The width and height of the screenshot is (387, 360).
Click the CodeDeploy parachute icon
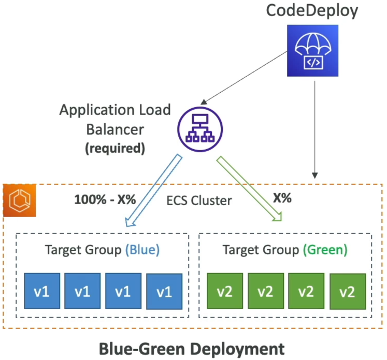(312, 51)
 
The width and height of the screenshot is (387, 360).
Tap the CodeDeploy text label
(312, 11)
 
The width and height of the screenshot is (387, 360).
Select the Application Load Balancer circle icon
(200, 129)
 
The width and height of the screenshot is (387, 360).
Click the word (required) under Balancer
(115, 148)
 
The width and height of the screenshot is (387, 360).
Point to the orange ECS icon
(20, 200)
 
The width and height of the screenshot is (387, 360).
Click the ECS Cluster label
(199, 200)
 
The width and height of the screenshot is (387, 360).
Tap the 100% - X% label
(105, 199)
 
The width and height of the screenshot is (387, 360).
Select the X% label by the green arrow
(282, 198)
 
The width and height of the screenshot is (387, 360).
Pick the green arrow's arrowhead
(277, 216)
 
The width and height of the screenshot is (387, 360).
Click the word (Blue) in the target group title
(142, 250)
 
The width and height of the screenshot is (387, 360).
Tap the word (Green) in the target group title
(325, 250)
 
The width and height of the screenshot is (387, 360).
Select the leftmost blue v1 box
(42, 291)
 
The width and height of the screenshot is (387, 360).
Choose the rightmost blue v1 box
(164, 292)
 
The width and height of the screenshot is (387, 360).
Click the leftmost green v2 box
(225, 291)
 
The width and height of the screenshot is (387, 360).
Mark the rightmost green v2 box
(348, 292)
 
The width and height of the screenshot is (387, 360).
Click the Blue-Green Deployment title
(192, 349)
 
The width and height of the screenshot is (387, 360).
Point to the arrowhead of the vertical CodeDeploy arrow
(314, 176)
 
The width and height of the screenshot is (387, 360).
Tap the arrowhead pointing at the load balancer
(204, 102)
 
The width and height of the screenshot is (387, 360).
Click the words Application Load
(115, 110)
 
